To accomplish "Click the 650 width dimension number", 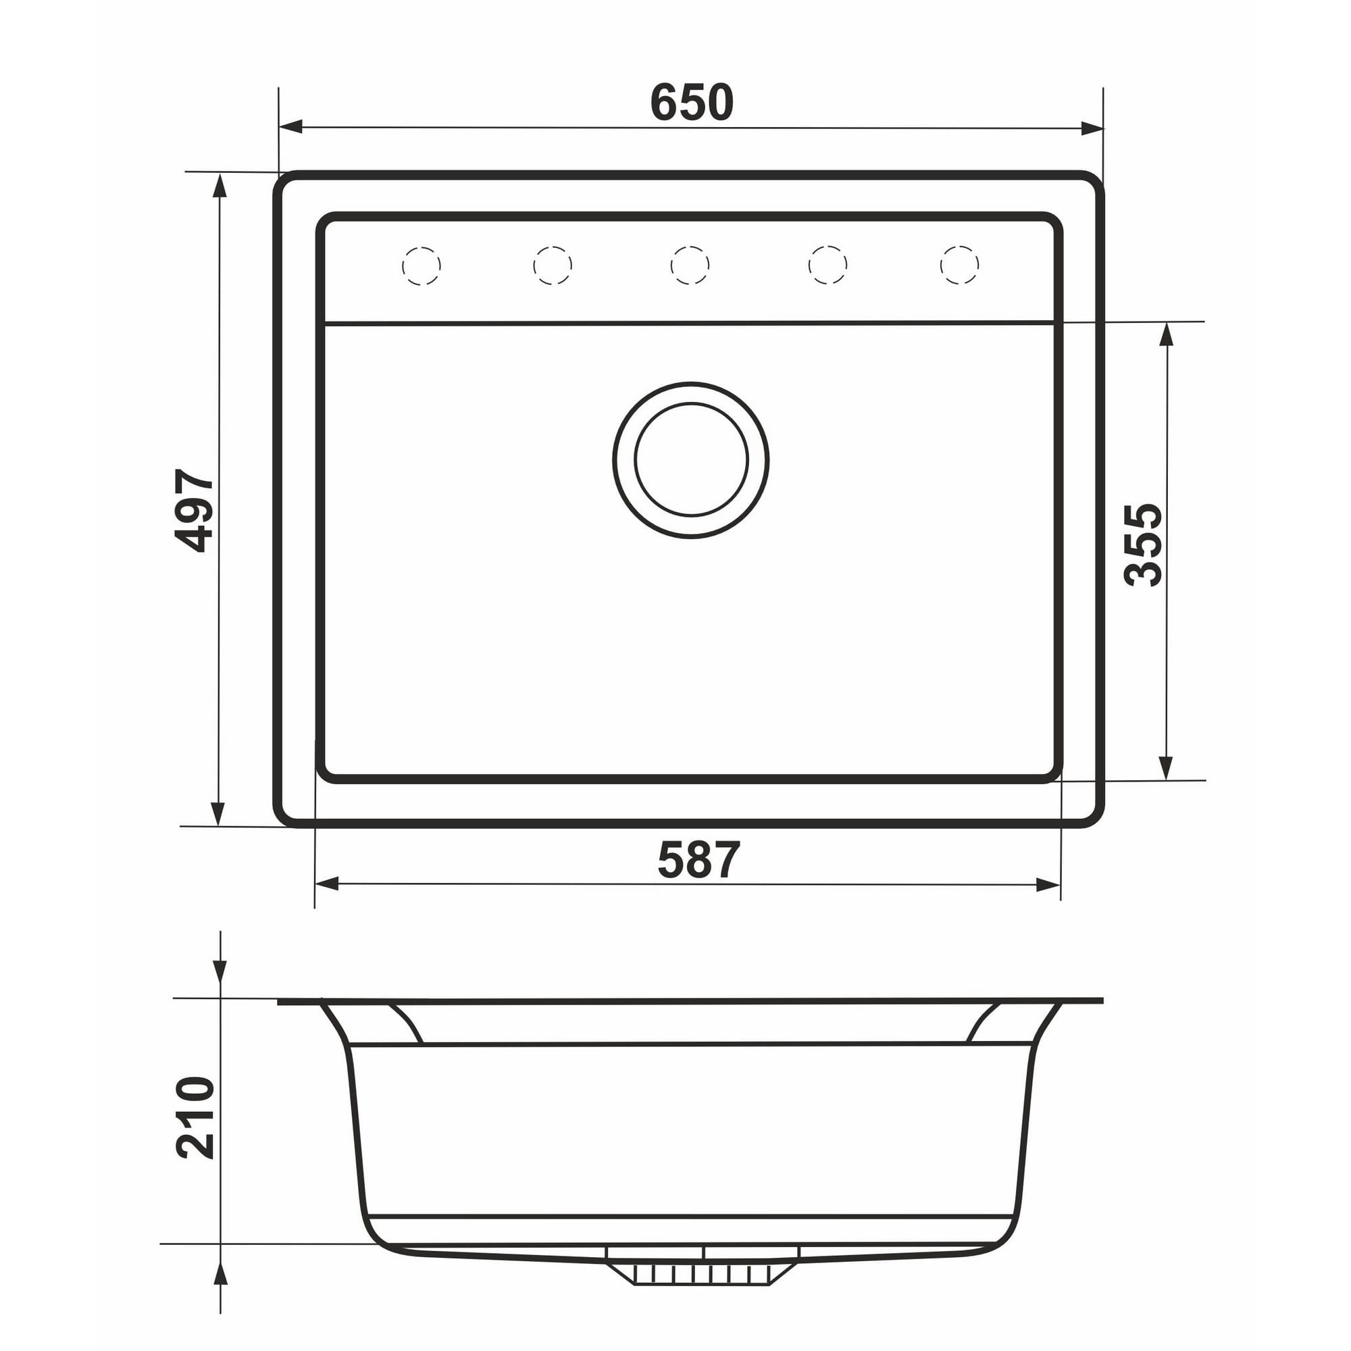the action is (691, 102).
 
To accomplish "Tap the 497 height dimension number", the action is (193, 511).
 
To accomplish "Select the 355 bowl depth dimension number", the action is (1144, 544).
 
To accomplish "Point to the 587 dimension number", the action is (698, 860).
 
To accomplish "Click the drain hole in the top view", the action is (691, 460).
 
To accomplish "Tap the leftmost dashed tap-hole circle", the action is (422, 265).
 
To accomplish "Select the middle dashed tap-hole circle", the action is (690, 265).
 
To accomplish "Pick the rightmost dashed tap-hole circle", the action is (959, 265).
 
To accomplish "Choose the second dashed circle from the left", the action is (553, 265).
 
